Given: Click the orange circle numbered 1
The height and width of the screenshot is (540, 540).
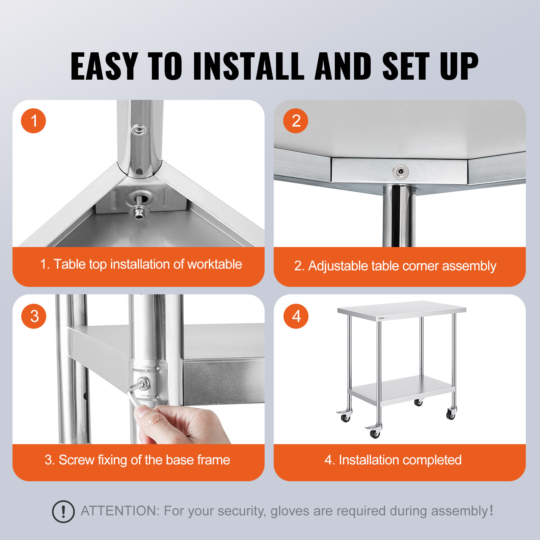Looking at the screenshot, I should coord(33,121).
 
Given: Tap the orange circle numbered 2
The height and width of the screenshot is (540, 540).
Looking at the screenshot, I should coord(296,121).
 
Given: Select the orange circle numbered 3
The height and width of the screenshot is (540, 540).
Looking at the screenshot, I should coord(34,316).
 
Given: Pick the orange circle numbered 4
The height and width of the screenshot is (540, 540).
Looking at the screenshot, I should coord(296,316).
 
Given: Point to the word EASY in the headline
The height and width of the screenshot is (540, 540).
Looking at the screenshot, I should coord(104,66).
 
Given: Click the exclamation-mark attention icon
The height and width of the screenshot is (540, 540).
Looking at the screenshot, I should coord(63,512).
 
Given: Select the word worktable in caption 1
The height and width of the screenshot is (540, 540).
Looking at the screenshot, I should coord(215,264).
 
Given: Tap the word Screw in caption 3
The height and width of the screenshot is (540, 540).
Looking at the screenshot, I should coord(76,460).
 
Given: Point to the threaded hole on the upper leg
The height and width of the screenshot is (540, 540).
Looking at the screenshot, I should coord(138,130).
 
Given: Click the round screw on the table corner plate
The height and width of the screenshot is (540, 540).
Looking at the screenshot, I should coord(401,172).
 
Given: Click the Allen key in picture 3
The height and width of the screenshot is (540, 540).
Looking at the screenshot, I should coord(134,395).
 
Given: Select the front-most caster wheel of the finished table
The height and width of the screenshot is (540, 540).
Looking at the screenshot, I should coord(375,433).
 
